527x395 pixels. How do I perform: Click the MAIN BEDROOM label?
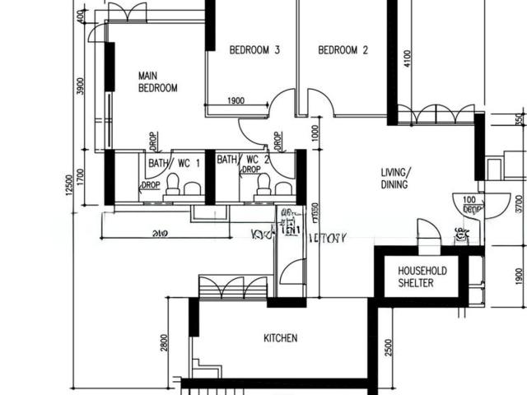coord(157,81)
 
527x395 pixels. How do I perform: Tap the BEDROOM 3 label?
coord(254,50)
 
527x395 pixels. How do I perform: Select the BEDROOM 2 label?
coord(343,50)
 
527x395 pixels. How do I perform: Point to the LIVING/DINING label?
coord(395,179)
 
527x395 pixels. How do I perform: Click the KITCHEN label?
coord(280,338)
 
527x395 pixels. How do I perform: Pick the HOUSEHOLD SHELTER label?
coord(422,276)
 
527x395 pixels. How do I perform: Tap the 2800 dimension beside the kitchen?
coord(166,344)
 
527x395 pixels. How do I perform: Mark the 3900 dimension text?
coord(80,87)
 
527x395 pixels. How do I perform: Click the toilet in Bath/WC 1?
coord(174,184)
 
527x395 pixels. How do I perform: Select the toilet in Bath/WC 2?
coord(263,184)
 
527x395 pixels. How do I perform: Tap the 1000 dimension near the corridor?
coord(315,133)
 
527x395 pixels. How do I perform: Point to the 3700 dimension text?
coord(519,202)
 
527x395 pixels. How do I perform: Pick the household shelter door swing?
coord(427,232)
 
